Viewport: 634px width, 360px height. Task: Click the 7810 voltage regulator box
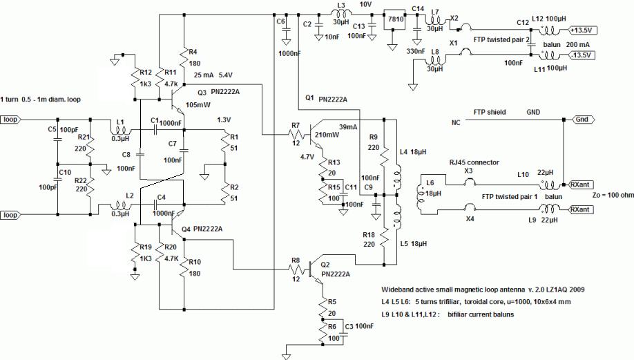pos(395,19)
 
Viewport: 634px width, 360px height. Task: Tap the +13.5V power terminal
pos(583,30)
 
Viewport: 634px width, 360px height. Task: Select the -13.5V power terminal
pos(582,55)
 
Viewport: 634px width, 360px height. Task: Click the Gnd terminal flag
pos(582,120)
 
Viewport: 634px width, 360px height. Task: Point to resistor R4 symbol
pos(184,58)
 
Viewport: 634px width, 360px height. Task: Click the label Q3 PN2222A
pos(218,92)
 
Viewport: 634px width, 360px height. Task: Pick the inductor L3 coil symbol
pos(342,15)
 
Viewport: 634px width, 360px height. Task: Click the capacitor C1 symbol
pos(155,130)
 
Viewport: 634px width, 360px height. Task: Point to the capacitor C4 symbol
pos(155,205)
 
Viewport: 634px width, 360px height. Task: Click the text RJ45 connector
pos(474,162)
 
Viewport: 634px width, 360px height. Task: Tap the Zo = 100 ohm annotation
pos(613,195)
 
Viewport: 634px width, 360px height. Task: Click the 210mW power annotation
pos(327,135)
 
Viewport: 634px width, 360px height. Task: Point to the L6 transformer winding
pos(420,196)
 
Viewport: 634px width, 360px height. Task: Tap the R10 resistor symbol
pos(184,267)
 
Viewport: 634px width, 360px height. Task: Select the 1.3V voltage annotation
pos(224,120)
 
